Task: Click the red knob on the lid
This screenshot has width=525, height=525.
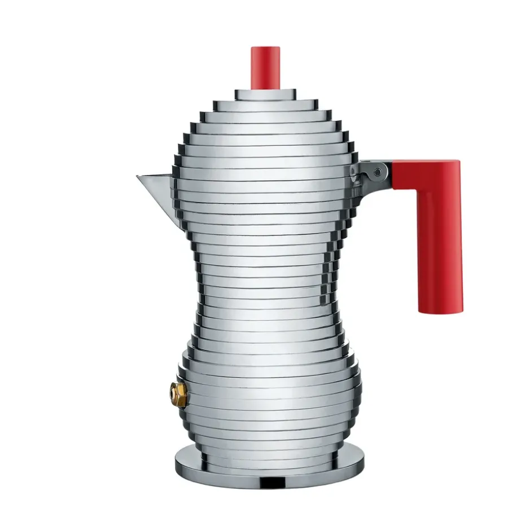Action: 265,68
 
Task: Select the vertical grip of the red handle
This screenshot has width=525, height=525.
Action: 440,243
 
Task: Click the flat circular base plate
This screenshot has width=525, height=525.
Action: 269,466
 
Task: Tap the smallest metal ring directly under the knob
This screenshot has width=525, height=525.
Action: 265,94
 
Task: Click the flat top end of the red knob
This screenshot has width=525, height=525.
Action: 265,49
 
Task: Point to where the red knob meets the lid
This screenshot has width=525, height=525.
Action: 265,89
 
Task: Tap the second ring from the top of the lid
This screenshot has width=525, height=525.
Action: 265,104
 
